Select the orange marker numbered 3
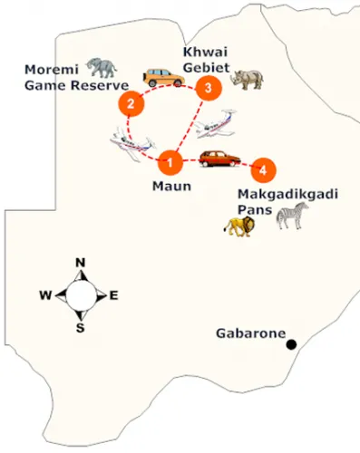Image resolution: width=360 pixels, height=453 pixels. click(209, 88)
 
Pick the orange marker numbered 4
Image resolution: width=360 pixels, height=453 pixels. click(262, 169)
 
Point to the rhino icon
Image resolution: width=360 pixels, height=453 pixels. click(248, 79)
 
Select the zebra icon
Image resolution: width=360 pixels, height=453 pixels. click(292, 215)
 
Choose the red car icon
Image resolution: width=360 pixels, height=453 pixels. click(220, 159)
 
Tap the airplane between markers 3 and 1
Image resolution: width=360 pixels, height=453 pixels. click(218, 122)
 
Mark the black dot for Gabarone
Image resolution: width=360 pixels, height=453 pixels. click(292, 344)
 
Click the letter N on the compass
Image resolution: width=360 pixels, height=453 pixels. click(80, 263)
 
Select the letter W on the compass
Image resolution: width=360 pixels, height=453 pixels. click(44, 295)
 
